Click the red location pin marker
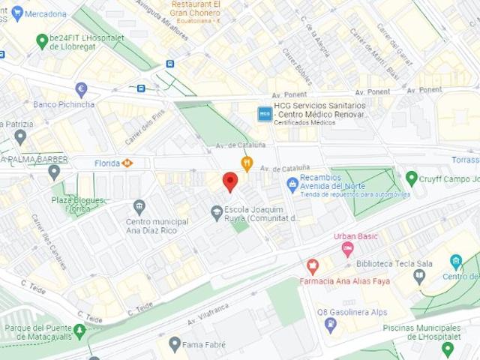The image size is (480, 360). pyautogui.click(x=230, y=181)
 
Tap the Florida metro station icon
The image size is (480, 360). pyautogui.click(x=127, y=163)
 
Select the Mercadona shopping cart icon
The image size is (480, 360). pyautogui.click(x=17, y=13)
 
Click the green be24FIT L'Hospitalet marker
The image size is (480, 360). pyautogui.click(x=42, y=40)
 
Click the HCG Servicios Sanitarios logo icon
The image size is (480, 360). pyautogui.click(x=264, y=114)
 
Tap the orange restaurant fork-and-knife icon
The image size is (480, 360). pyautogui.click(x=246, y=163)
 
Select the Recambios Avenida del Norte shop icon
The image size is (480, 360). pyautogui.click(x=292, y=184)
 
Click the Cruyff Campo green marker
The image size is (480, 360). pyautogui.click(x=411, y=178)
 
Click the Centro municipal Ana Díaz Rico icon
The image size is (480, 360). pyautogui.click(x=139, y=206)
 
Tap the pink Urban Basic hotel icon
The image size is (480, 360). pyautogui.click(x=347, y=248)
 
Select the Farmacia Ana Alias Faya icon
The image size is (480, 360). pyautogui.click(x=313, y=265)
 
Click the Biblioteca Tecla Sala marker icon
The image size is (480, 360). pyautogui.click(x=419, y=275)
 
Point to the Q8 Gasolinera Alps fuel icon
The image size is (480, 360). pyautogui.click(x=330, y=325)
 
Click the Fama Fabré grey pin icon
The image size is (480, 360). pyautogui.click(x=175, y=343)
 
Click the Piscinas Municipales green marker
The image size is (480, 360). pyautogui.click(x=448, y=348)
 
